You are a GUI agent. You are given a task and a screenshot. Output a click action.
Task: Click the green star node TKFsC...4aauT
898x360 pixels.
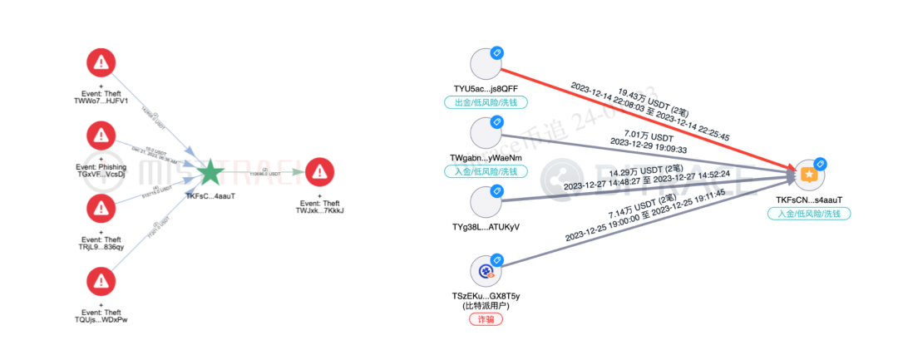[x=210, y=174]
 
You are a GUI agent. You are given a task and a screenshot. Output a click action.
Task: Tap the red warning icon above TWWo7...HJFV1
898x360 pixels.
[x=101, y=62]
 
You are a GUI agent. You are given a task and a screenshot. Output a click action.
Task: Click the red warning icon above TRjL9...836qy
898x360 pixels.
[x=101, y=206]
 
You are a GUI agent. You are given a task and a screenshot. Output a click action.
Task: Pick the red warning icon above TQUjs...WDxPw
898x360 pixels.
[x=101, y=279]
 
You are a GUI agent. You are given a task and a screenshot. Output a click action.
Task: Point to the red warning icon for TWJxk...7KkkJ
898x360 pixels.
[x=319, y=172]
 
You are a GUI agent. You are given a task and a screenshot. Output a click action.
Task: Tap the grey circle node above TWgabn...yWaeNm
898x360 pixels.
[x=486, y=133]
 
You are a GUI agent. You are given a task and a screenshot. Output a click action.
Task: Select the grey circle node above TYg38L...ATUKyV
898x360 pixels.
[x=486, y=204]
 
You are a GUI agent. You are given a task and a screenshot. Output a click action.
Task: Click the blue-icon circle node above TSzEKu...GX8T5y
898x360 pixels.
[x=486, y=271]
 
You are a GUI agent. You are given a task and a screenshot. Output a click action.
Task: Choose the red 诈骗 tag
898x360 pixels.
[x=486, y=319]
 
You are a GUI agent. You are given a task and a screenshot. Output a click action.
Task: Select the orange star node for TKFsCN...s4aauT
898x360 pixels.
[x=809, y=175]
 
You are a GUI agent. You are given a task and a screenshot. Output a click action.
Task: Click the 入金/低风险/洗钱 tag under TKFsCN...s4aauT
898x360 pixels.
[x=809, y=214]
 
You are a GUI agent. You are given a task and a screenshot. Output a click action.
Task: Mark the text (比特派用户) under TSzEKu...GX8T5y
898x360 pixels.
[x=486, y=305]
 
